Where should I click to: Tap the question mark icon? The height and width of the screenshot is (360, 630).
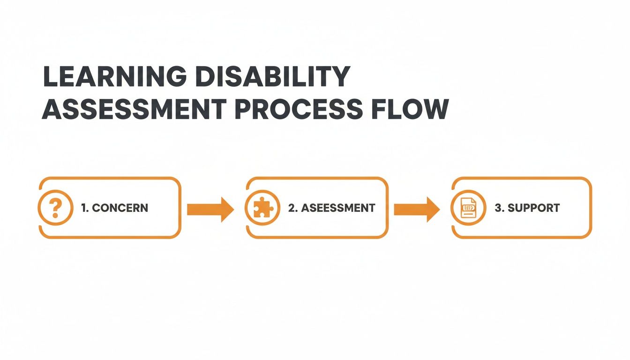click(x=55, y=208)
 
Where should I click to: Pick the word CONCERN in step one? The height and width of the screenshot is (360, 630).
click(x=120, y=208)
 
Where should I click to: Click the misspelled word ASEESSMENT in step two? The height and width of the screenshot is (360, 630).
click(x=338, y=208)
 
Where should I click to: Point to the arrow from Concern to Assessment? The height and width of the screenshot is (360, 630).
click(x=210, y=209)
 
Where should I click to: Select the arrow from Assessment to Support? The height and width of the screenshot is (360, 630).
click(x=417, y=209)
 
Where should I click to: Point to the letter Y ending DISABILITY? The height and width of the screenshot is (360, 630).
click(x=341, y=77)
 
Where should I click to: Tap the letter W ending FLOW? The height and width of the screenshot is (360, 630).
click(x=436, y=109)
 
